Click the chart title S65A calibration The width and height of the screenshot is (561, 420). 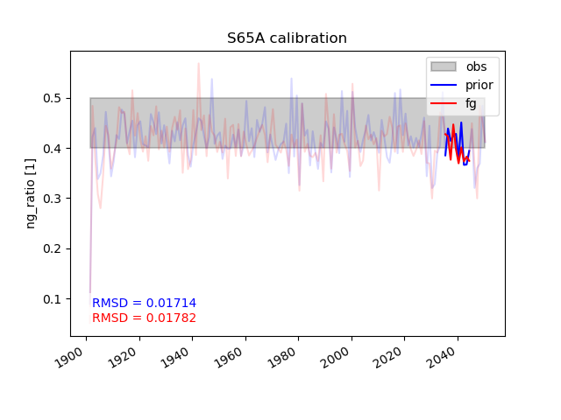(287, 38)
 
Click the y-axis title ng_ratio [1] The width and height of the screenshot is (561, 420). (31, 193)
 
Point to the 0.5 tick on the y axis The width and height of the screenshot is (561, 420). (52, 98)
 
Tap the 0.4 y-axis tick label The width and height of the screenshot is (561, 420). (52, 149)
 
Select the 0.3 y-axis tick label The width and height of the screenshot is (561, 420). (52, 199)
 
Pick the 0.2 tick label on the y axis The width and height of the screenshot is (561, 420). (52, 248)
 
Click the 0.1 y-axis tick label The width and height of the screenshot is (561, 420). (52, 299)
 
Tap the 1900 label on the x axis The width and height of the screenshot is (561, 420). (68, 358)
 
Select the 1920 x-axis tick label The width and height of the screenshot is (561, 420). (122, 358)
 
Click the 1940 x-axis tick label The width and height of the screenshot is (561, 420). (175, 358)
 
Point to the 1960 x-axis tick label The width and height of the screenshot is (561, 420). (228, 358)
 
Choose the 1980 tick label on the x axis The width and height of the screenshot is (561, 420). (281, 358)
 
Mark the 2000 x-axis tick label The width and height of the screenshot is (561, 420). (335, 358)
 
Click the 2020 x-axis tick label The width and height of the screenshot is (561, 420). (387, 358)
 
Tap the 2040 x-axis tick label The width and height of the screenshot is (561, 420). (441, 358)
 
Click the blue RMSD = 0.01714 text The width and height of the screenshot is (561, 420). (144, 303)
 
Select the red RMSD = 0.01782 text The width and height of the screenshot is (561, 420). (144, 318)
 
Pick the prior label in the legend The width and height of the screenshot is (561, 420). (479, 85)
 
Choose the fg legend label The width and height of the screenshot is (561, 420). (471, 103)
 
